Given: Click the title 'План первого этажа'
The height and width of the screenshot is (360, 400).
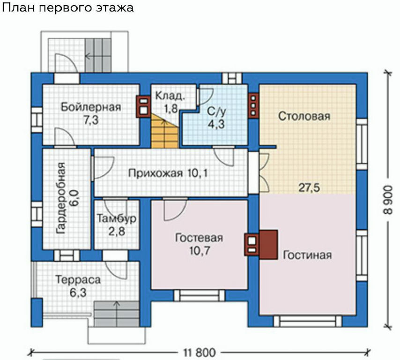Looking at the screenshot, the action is click(x=68, y=8).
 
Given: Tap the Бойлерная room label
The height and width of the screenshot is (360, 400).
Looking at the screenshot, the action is click(x=91, y=107).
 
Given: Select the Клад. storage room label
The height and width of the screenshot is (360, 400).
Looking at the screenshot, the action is click(x=170, y=96).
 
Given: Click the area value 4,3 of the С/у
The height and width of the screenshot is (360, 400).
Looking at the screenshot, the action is click(x=216, y=124).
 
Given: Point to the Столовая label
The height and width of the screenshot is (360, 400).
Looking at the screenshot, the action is click(x=304, y=116).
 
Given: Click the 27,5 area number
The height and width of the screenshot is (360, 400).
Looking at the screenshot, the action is click(x=309, y=188).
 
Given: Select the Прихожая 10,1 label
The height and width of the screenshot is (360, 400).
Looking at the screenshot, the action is click(x=168, y=173).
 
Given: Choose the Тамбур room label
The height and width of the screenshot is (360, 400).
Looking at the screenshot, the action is click(x=117, y=219).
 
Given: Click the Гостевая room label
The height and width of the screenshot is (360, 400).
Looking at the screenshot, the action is click(x=199, y=238).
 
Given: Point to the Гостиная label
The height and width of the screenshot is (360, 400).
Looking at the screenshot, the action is click(x=307, y=255).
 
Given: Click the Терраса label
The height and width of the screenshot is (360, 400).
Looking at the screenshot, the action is click(x=78, y=280).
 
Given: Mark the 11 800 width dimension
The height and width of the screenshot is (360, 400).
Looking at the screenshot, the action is click(x=200, y=353).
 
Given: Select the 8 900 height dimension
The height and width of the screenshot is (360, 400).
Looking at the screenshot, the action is click(x=388, y=200).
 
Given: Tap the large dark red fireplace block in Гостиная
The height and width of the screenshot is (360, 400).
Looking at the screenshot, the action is click(x=268, y=245).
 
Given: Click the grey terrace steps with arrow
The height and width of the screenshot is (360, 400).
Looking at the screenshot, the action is click(x=117, y=314).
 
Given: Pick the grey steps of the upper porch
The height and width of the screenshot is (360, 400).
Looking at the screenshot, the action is click(x=98, y=55).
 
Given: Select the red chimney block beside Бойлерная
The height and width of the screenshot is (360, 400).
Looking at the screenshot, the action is click(x=143, y=106).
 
